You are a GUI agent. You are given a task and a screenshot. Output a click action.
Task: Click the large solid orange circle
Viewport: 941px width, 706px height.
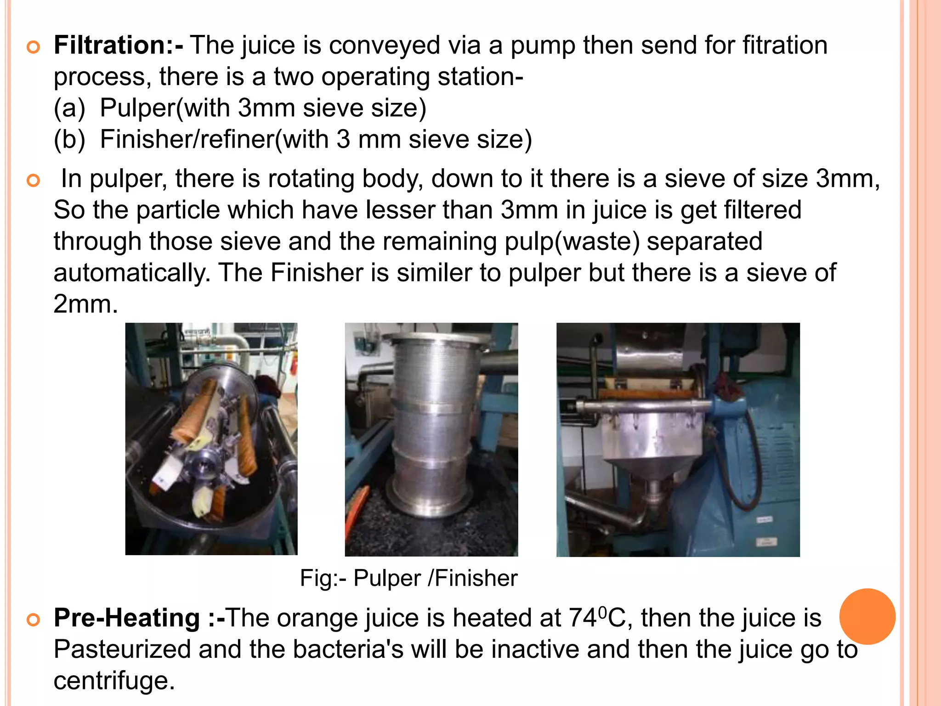(867, 616)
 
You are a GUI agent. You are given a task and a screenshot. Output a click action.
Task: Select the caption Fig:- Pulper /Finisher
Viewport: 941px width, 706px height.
(408, 578)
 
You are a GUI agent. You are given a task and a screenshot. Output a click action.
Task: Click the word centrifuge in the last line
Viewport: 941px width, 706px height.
(114, 681)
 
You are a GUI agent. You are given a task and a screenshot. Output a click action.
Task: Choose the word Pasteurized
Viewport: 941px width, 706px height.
(122, 649)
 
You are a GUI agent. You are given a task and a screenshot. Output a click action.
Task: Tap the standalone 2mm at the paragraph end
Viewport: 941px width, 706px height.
(85, 304)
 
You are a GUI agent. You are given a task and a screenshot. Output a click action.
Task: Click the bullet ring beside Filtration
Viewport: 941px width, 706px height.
(34, 47)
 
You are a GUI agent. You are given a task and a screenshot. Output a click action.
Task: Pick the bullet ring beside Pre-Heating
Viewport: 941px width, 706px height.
(34, 620)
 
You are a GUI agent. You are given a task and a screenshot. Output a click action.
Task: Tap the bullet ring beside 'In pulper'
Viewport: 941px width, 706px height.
(34, 180)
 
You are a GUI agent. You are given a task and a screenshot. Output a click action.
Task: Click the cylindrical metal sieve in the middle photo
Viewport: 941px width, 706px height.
(431, 423)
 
